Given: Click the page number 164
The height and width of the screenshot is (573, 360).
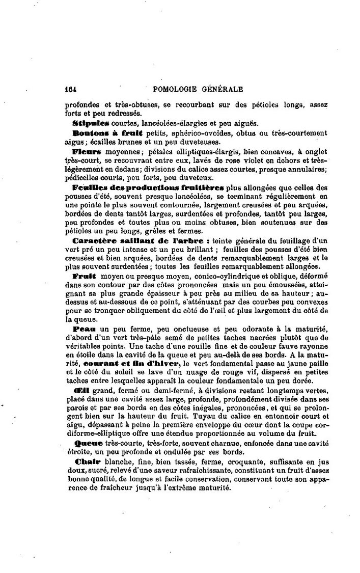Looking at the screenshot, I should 71,89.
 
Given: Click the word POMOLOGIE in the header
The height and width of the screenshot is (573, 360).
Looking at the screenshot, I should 175,89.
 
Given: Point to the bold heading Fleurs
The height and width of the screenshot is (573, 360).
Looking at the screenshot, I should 87,151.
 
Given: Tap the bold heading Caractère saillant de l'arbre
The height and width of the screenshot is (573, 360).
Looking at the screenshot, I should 139,240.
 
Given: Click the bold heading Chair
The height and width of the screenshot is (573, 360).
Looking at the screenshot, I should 85,461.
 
